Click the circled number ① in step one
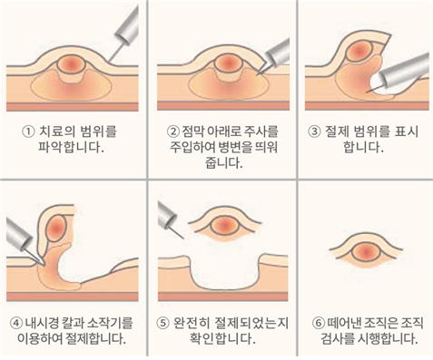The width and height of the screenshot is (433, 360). click(x=28, y=132)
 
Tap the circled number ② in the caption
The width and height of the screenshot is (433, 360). click(x=173, y=131)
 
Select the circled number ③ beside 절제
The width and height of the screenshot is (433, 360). click(x=314, y=131)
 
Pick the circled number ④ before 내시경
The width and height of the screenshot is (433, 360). click(x=16, y=324)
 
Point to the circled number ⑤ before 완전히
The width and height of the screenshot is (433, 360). click(x=162, y=324)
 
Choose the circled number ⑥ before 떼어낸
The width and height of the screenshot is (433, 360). click(x=318, y=324)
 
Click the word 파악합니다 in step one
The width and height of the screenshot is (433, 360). click(x=71, y=147)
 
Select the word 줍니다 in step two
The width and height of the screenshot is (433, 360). click(x=224, y=163)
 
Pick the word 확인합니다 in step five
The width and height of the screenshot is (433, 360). click(x=222, y=338)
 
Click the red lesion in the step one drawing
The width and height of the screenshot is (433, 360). click(x=70, y=63)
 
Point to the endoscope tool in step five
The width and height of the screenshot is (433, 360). click(x=170, y=219)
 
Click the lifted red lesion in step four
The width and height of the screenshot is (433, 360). click(x=56, y=228)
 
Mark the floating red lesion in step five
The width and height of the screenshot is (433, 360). click(x=224, y=225)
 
